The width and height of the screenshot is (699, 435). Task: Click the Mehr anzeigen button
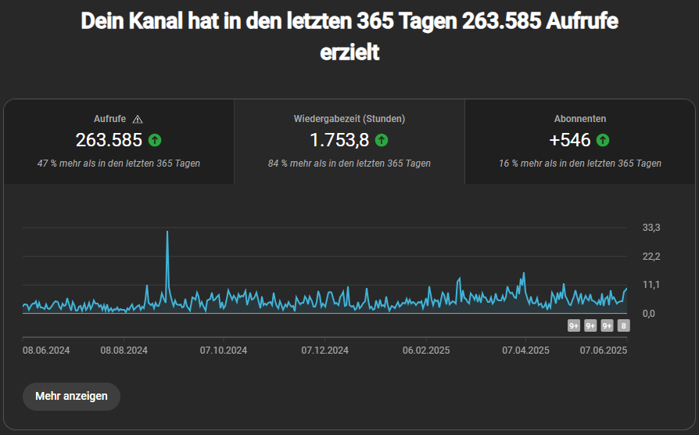pyautogui.click(x=71, y=396)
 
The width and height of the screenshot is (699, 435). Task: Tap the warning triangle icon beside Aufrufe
pyautogui.click(x=138, y=119)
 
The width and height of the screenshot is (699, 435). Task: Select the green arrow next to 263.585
pyautogui.click(x=155, y=141)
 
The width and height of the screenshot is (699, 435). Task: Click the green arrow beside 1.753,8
pyautogui.click(x=381, y=141)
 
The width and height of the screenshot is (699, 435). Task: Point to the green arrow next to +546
pyautogui.click(x=602, y=141)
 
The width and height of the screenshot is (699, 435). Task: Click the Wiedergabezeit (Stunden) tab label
pyautogui.click(x=349, y=119)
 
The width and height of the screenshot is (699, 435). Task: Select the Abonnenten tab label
pyautogui.click(x=580, y=119)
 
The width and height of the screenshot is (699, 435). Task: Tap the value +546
pyautogui.click(x=570, y=141)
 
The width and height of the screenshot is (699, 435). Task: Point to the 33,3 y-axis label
pyautogui.click(x=651, y=228)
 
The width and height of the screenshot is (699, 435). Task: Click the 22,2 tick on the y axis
pyautogui.click(x=651, y=257)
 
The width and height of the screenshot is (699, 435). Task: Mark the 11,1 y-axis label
pyautogui.click(x=651, y=285)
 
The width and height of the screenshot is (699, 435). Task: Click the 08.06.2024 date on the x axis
pyautogui.click(x=46, y=351)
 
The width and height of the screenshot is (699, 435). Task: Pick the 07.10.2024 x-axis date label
pyautogui.click(x=224, y=351)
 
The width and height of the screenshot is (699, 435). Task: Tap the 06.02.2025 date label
pyautogui.click(x=426, y=351)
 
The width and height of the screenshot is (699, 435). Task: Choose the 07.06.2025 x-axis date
pyautogui.click(x=604, y=351)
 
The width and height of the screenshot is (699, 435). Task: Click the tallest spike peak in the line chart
pyautogui.click(x=167, y=232)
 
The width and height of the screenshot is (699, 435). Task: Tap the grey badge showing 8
pyautogui.click(x=623, y=326)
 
